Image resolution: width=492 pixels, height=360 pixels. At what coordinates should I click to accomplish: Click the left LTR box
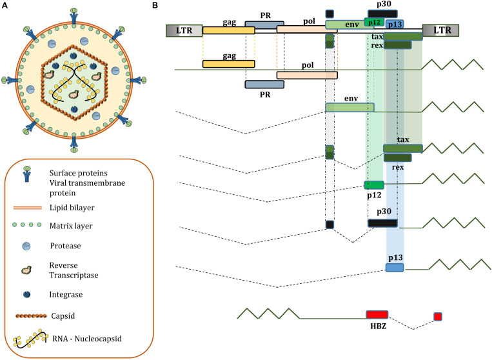[184, 31]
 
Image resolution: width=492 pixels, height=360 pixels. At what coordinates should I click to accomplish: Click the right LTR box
[441, 31]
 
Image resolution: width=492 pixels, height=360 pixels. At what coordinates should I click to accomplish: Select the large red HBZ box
[377, 314]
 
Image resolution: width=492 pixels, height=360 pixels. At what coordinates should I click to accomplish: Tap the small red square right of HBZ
[438, 316]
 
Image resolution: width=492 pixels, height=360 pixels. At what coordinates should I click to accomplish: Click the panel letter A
[5, 5]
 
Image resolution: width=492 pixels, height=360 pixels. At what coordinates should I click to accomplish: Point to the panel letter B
[155, 5]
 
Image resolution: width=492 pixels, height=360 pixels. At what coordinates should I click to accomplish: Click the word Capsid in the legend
[63, 315]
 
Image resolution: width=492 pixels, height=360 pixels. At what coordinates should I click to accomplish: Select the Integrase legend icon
[26, 294]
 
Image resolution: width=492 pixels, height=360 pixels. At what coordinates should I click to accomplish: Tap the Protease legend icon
[26, 246]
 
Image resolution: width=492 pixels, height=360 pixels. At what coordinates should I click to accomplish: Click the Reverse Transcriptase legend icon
[26, 270]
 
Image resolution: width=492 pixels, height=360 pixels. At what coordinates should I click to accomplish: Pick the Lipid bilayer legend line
[27, 208]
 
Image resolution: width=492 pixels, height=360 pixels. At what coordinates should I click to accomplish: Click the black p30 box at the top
[382, 14]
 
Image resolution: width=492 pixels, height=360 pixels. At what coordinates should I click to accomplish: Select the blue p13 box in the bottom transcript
[395, 267]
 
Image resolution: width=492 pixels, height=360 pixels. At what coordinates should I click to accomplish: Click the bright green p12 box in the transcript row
[374, 185]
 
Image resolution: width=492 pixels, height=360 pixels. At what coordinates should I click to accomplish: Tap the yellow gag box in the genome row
[229, 30]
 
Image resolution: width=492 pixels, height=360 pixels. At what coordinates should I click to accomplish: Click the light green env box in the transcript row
[349, 107]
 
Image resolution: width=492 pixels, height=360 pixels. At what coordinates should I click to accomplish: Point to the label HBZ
[378, 326]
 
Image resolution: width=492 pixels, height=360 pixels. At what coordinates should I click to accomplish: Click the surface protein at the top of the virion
[74, 15]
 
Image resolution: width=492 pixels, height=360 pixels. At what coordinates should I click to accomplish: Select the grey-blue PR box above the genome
[264, 25]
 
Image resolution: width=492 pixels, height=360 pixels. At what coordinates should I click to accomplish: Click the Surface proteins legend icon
[27, 174]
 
